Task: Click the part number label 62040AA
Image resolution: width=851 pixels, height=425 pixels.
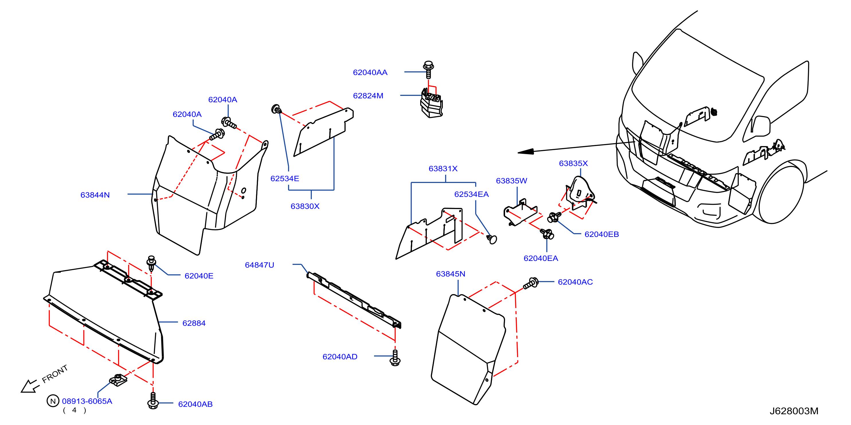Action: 370,72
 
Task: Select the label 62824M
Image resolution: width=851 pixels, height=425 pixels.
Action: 368,96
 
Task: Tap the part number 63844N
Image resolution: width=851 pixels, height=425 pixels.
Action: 95,195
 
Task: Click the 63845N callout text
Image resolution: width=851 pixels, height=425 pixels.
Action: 451,274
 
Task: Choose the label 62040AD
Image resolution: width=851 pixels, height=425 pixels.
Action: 340,357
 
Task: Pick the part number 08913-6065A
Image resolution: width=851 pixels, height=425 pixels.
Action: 87,401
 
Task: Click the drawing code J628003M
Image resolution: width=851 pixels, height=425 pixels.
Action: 794,411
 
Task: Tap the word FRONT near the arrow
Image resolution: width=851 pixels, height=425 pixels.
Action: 55,373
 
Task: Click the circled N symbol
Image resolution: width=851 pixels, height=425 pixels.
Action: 53,401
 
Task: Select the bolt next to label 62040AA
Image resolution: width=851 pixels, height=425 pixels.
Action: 429,69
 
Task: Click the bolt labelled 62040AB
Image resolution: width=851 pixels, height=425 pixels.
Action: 152,400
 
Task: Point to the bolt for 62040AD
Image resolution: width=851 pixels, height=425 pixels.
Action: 395,358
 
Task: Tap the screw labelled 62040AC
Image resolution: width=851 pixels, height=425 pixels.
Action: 531,284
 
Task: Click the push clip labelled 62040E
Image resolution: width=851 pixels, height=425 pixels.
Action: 151,263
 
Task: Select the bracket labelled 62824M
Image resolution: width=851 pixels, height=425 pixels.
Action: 431,103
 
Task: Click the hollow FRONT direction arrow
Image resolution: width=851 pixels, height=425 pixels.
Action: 30,386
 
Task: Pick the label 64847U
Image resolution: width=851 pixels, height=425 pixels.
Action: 259,265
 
